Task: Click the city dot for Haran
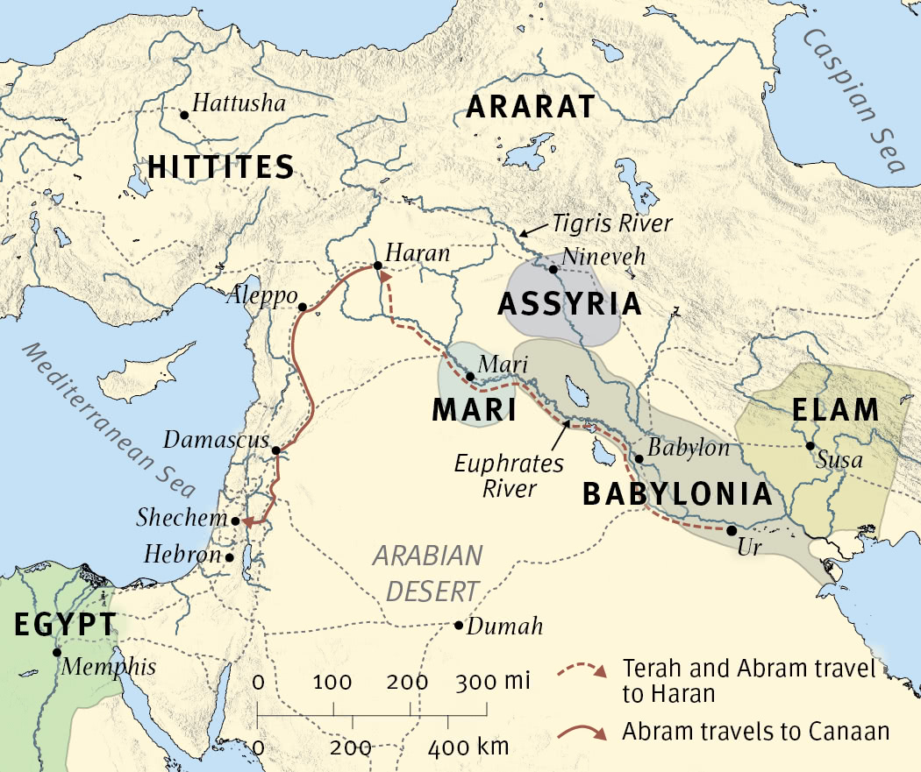point(376,266)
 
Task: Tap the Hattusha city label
point(239,104)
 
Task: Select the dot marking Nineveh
point(553,269)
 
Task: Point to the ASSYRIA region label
point(569,304)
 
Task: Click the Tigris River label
point(612,223)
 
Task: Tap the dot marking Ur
point(732,530)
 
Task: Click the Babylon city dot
point(639,458)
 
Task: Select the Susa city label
point(839,459)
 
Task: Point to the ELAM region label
point(834,409)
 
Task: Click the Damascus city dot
point(275,450)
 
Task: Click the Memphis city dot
point(56,652)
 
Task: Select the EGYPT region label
point(64,624)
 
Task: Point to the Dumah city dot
point(458,625)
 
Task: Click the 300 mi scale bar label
point(497,683)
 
